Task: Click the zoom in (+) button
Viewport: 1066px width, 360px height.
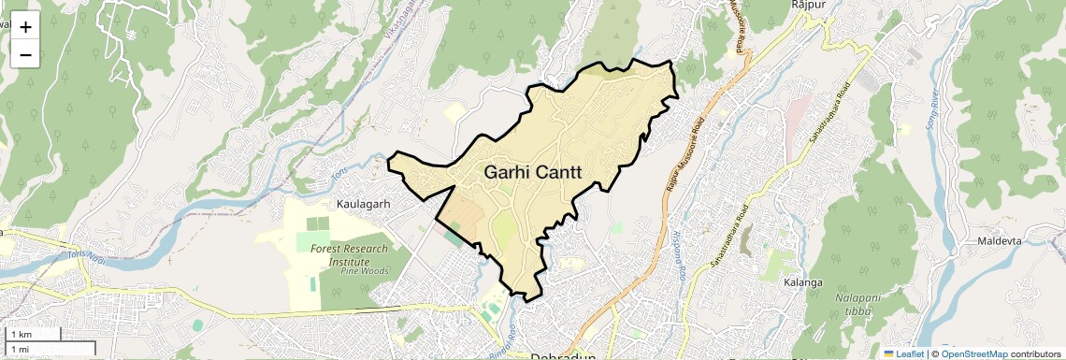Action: [x=25, y=27]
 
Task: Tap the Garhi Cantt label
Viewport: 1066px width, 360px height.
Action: [x=533, y=173]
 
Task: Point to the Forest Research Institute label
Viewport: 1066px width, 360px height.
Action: [x=346, y=255]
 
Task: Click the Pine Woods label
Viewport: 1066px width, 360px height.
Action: [x=364, y=270]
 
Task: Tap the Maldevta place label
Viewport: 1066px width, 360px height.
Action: [x=1001, y=241]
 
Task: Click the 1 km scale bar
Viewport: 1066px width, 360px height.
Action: [x=34, y=334]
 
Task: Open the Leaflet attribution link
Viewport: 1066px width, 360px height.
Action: [x=903, y=353]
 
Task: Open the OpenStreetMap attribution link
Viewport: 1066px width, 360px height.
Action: [x=974, y=353]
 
